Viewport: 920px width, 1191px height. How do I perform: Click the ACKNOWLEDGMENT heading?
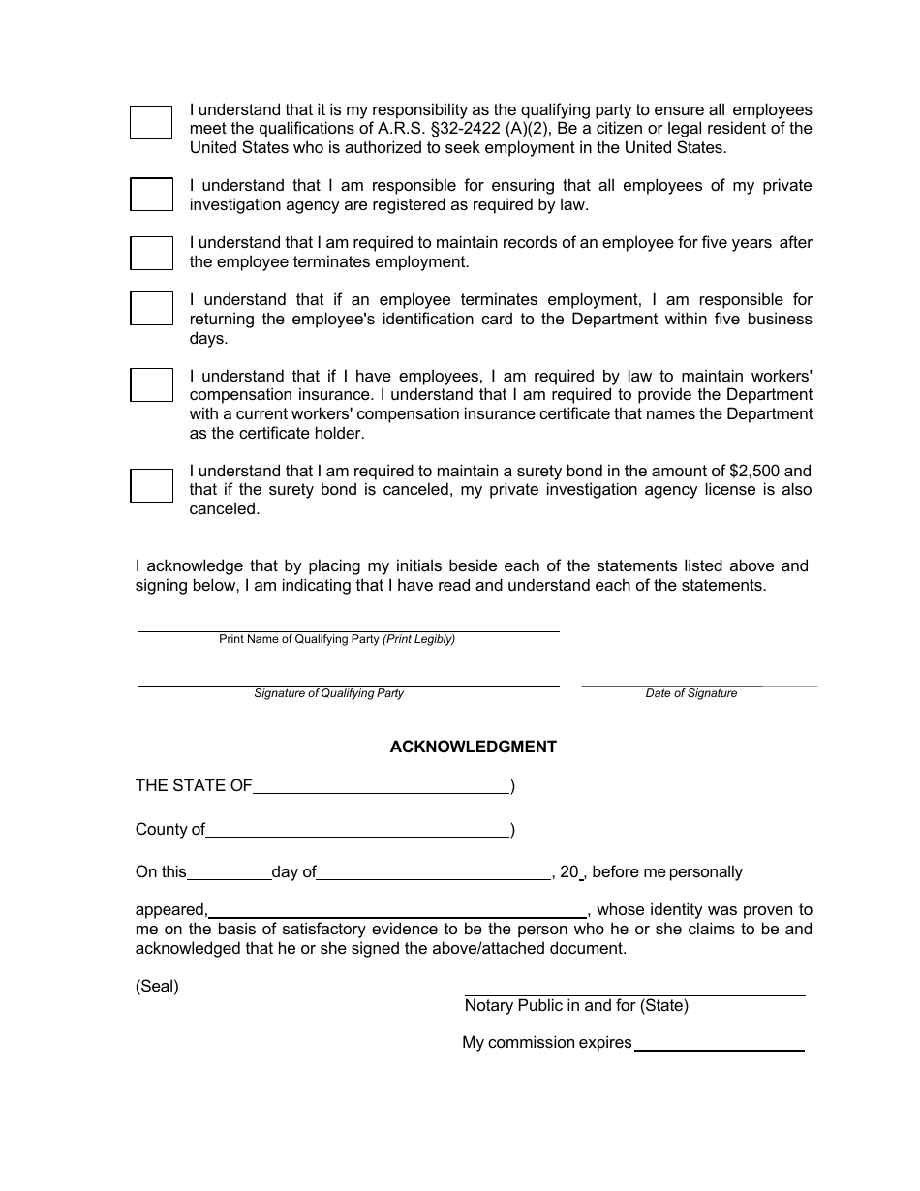click(473, 747)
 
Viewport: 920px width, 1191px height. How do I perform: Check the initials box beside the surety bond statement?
click(151, 484)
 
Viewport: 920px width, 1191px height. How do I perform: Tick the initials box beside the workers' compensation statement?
click(151, 384)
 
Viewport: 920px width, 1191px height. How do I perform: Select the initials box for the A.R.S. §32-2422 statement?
click(151, 122)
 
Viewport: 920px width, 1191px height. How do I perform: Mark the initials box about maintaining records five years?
click(151, 253)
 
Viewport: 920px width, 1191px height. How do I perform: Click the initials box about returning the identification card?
click(151, 309)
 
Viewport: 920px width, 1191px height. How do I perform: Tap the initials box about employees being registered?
click(151, 194)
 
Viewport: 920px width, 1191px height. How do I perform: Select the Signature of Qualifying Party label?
click(328, 693)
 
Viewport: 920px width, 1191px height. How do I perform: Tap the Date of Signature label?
click(691, 693)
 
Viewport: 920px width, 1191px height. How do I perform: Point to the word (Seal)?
click(157, 987)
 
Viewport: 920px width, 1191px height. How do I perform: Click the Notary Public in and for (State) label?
click(576, 1005)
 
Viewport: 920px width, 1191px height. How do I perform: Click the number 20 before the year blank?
click(568, 871)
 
